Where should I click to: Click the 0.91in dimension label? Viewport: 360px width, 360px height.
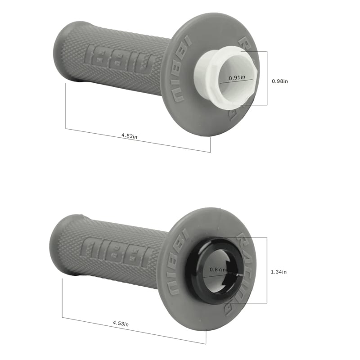pos(237,77)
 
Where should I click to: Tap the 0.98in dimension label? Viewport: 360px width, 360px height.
pos(279,81)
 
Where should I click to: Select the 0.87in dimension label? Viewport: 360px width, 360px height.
pos(218,269)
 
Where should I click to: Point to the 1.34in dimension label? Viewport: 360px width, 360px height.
pos(279,272)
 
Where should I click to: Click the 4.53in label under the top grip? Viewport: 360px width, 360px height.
pos(129,136)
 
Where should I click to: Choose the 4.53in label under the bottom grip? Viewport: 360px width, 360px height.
pos(121,323)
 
